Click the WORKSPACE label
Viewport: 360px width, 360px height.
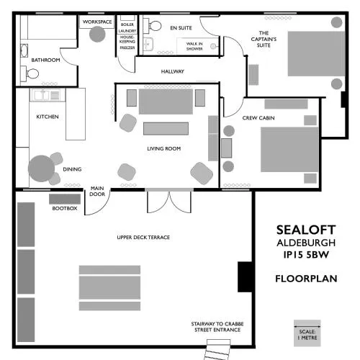97,22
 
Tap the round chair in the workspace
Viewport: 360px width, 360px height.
97,34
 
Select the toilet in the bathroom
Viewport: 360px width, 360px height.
30,73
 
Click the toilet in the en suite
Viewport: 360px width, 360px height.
153,26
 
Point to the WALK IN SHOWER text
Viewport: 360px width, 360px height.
194,46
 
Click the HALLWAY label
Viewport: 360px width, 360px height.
173,71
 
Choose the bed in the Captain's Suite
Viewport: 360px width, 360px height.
317,54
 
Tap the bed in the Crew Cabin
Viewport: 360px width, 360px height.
289,150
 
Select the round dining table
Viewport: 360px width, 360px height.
41,168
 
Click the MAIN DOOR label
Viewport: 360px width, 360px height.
97,191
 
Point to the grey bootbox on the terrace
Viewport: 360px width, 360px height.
65,199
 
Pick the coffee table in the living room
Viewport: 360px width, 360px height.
166,128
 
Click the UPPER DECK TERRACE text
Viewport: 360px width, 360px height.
143,238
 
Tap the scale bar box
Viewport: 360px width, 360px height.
307,333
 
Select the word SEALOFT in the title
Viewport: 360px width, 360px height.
306,230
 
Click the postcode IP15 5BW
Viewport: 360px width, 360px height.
306,255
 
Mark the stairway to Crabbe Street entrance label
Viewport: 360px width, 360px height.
217,327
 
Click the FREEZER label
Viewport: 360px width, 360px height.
127,48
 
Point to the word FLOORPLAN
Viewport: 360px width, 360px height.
306,279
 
